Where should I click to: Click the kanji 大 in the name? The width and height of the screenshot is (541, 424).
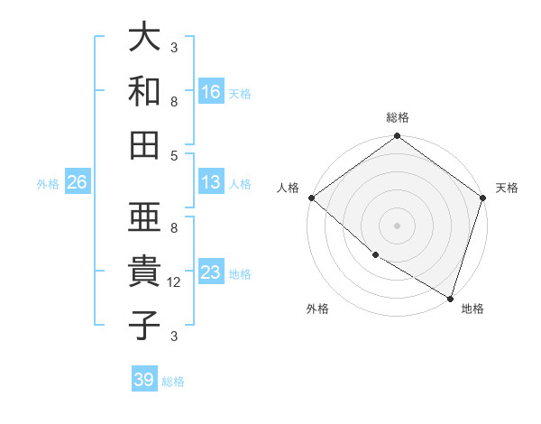click(x=145, y=38)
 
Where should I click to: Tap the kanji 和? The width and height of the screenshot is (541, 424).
click(x=145, y=90)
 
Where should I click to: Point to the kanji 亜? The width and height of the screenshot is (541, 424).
click(x=145, y=217)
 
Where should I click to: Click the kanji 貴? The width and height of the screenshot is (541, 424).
click(x=145, y=271)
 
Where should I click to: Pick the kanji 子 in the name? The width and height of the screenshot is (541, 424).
click(x=145, y=324)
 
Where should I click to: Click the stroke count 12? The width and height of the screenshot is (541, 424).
click(x=175, y=282)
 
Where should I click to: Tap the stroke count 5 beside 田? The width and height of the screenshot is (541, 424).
click(x=174, y=154)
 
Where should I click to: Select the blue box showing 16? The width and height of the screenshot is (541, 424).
click(x=211, y=91)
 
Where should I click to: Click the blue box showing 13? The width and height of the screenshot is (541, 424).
click(x=211, y=182)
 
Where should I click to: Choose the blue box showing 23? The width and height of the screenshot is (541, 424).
click(x=211, y=272)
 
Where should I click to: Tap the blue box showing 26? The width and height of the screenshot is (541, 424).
click(x=77, y=182)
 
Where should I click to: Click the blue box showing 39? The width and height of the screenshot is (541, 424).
click(x=144, y=380)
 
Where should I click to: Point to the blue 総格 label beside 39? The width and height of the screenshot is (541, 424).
click(x=173, y=382)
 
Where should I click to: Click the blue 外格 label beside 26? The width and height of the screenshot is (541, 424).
click(x=48, y=184)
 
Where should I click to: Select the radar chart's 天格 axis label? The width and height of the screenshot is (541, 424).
click(x=507, y=188)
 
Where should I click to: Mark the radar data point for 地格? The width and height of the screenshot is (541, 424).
click(x=450, y=298)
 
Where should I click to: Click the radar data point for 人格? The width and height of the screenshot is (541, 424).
click(x=311, y=198)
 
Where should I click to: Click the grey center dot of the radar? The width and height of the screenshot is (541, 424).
click(x=397, y=226)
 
